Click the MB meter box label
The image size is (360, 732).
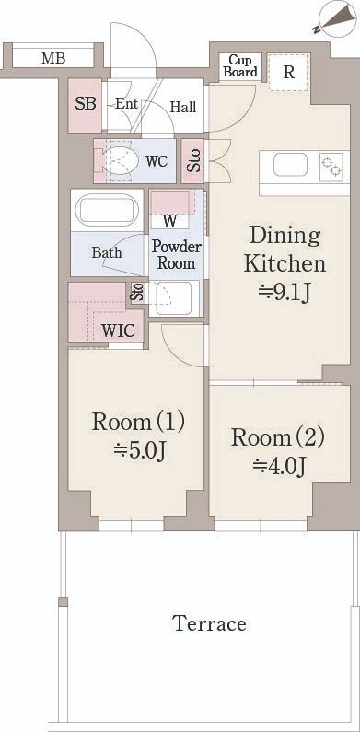click(53, 59)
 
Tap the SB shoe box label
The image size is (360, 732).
click(86, 104)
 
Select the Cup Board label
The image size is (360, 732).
click(240, 66)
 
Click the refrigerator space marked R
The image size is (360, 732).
click(289, 73)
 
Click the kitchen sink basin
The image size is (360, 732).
click(290, 165)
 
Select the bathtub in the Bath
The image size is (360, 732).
click(107, 210)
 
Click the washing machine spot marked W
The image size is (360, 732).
click(170, 220)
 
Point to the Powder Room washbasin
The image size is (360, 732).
click(172, 297)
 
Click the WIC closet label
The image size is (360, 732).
click(119, 331)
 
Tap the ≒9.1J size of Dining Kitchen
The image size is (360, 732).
click(285, 292)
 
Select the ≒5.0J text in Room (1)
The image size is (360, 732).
click(139, 449)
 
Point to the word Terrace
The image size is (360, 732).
click(209, 623)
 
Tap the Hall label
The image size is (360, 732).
click(183, 108)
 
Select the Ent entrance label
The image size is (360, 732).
click(126, 104)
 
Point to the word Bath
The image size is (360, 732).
click(107, 252)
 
